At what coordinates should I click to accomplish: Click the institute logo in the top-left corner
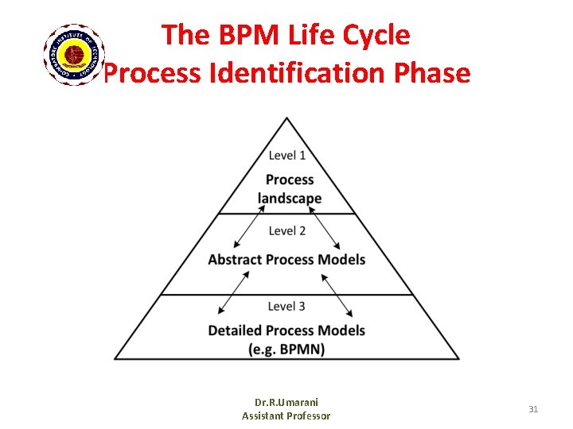[73, 54]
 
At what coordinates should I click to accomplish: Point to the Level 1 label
[286, 156]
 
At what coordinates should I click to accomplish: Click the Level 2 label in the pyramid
[286, 231]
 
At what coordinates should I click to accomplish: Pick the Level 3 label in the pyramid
[286, 307]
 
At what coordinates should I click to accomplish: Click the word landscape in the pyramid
[290, 199]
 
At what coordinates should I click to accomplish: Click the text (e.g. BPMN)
[286, 349]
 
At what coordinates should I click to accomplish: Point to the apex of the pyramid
[286, 119]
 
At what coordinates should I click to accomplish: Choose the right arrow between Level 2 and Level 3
[338, 294]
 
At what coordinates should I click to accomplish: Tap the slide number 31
[533, 409]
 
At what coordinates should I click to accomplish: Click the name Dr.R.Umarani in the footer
[286, 403]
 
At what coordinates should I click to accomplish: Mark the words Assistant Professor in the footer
[286, 415]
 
